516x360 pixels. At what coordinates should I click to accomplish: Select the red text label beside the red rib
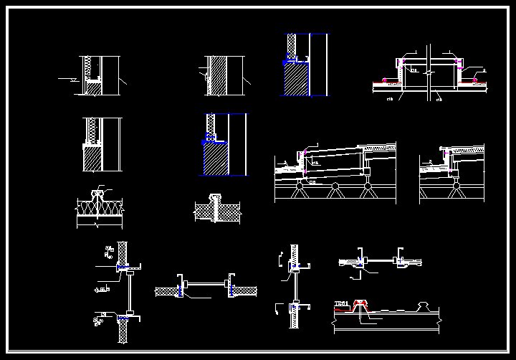coord(342,304)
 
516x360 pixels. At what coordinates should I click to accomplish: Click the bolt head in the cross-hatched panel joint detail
coord(215,196)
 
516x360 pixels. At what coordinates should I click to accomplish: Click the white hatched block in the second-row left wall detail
coord(92,158)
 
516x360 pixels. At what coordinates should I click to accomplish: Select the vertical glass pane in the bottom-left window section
coord(125,292)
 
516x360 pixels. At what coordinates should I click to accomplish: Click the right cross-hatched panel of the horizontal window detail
coord(244,290)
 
